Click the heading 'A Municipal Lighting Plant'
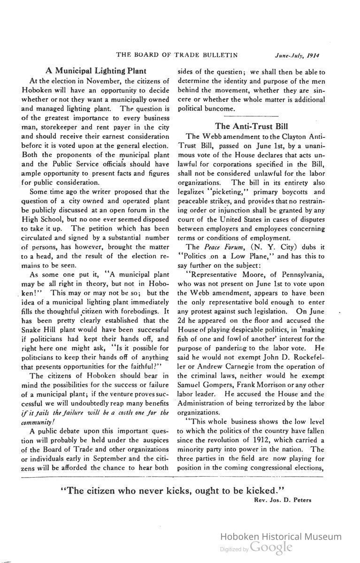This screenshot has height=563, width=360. tap(92, 71)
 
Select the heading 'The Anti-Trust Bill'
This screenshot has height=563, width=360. tap(251, 126)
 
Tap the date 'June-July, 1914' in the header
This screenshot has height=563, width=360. tap(297, 55)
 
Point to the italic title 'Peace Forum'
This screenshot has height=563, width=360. tap(219, 247)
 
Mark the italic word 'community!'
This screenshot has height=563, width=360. tap(38, 422)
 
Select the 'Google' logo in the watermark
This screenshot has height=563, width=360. tap(271, 547)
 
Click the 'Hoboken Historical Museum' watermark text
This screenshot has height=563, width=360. tap(281, 537)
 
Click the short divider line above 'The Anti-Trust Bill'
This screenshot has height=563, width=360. tap(251, 116)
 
